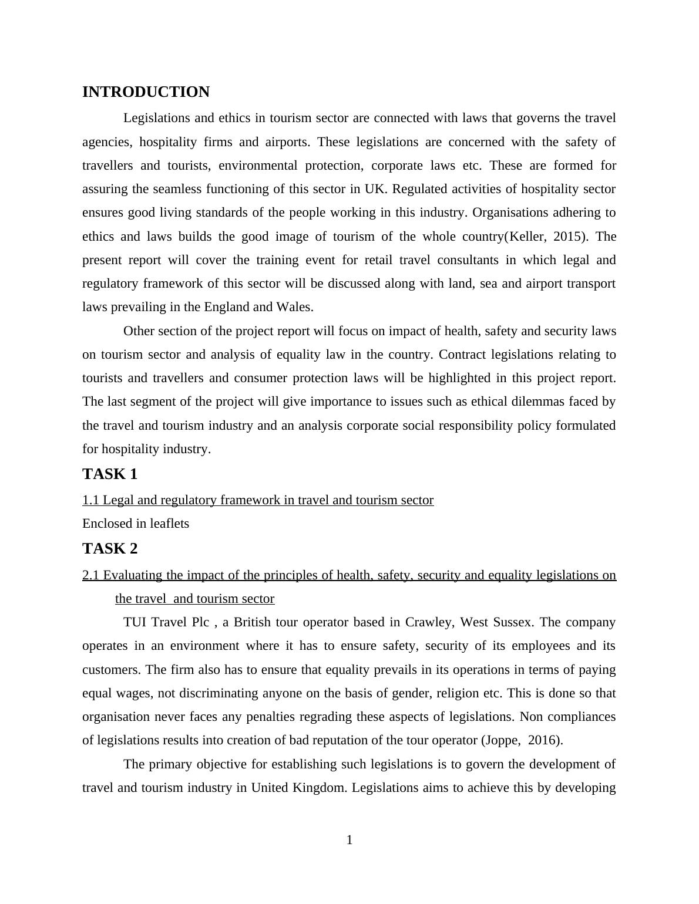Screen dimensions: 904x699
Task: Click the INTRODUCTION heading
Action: pyautogui.click(x=146, y=92)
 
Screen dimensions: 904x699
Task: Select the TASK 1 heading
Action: pyautogui.click(x=110, y=474)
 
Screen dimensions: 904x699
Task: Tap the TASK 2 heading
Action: pyautogui.click(x=110, y=548)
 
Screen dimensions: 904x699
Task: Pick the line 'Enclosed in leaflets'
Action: pyautogui.click(x=136, y=524)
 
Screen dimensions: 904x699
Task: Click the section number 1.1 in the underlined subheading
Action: pyautogui.click(x=91, y=500)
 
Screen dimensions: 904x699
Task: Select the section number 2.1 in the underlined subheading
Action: pyautogui.click(x=91, y=575)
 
